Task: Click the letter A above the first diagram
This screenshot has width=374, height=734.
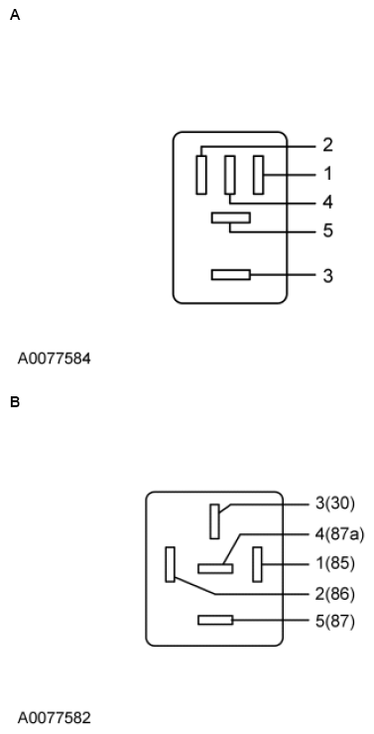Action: [x=14, y=16]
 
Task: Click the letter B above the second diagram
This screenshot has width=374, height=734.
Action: [x=14, y=402]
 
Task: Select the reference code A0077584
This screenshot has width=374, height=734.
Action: [x=54, y=358]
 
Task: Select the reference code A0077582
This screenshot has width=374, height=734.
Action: [x=54, y=716]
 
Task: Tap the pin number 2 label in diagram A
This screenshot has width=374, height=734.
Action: [x=327, y=145]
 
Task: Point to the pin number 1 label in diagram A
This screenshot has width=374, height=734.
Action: [x=327, y=174]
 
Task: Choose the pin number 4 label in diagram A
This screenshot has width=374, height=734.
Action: [x=327, y=203]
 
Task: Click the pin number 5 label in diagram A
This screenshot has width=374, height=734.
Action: [x=327, y=231]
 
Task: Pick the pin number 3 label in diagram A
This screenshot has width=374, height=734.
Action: [x=327, y=275]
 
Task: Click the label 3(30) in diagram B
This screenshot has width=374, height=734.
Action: [x=334, y=504]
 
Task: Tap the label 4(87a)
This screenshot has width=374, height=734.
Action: [x=339, y=534]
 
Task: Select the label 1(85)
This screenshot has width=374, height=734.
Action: [x=334, y=564]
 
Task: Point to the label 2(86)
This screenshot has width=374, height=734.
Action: [x=334, y=595]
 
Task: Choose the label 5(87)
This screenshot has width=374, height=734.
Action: [x=334, y=622]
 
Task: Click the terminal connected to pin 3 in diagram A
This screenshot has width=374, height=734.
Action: [x=230, y=274]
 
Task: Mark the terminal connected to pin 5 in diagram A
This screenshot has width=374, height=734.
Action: [x=230, y=218]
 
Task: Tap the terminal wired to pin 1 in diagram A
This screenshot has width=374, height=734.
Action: [x=259, y=175]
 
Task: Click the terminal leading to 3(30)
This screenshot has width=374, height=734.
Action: [x=214, y=520]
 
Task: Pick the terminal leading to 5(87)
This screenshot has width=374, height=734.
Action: [x=215, y=621]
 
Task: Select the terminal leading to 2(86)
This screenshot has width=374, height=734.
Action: [x=172, y=564]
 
